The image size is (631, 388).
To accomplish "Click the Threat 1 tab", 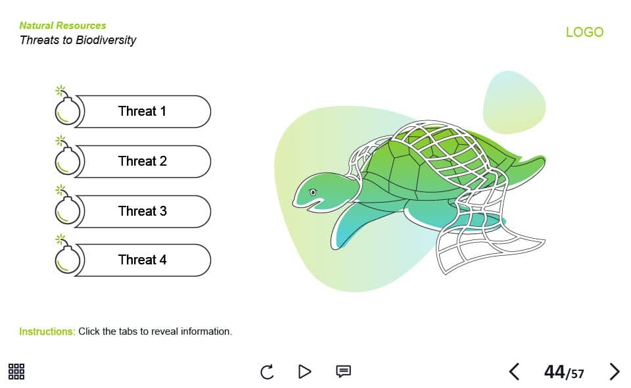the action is pyautogui.click(x=143, y=112).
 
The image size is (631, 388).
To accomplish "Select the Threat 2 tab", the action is pyautogui.click(x=143, y=161).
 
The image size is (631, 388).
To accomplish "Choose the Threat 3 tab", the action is pyautogui.click(x=143, y=211).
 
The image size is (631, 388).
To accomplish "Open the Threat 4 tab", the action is pyautogui.click(x=143, y=260).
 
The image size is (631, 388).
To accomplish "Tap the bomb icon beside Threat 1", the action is pyautogui.click(x=67, y=107).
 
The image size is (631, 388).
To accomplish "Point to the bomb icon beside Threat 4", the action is pyautogui.click(x=67, y=255).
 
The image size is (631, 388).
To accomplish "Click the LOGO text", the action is pyautogui.click(x=584, y=32).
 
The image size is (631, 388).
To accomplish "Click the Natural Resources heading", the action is pyautogui.click(x=63, y=26).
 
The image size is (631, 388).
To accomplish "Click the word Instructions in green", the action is pyautogui.click(x=47, y=331).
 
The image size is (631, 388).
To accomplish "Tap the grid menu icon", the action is pyautogui.click(x=16, y=372).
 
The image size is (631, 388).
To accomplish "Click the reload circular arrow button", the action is pyautogui.click(x=267, y=372).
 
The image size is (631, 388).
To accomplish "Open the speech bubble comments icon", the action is pyautogui.click(x=343, y=371).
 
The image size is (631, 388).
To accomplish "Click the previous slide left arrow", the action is pyautogui.click(x=514, y=372).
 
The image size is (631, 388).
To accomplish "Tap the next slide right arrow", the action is pyautogui.click(x=615, y=372).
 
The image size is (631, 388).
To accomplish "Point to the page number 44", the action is pyautogui.click(x=555, y=372).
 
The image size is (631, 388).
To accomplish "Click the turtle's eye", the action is pyautogui.click(x=313, y=193).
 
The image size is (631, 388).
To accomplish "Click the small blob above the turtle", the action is pyautogui.click(x=514, y=102).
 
